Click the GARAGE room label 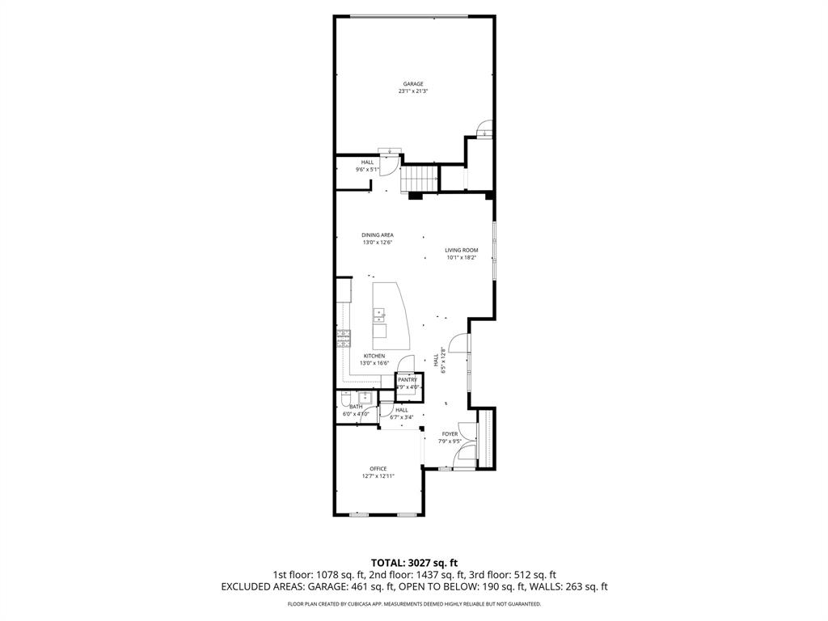coord(413,83)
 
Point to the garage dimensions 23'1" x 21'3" coord(413,91)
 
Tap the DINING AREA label coord(378,234)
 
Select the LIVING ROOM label coord(461,250)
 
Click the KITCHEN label coord(374,356)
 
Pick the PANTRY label coord(407,380)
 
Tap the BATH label coord(356,407)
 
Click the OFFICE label coord(378,468)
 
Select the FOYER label coord(450,434)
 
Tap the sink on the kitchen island coord(378,314)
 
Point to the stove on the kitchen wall coord(344,339)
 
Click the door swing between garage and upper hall coord(390,163)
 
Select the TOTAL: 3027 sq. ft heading coord(414,562)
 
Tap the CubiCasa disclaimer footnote coord(414,604)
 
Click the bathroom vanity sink coord(365,397)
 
